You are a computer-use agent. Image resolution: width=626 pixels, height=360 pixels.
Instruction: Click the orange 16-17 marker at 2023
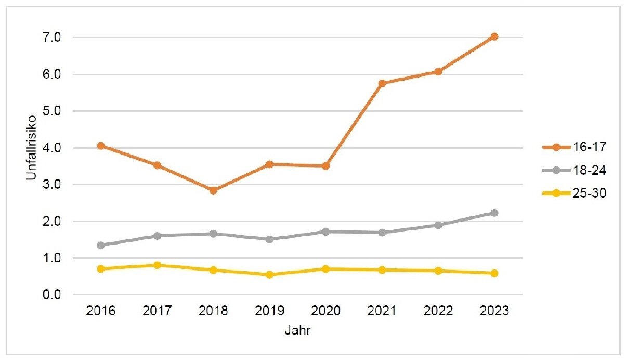point(494,36)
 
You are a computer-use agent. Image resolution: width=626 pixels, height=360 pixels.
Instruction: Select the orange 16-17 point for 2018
point(213,190)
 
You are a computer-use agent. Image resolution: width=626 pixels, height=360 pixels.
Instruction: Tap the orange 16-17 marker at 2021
point(382,83)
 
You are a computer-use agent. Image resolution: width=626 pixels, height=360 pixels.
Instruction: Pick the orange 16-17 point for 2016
point(101,146)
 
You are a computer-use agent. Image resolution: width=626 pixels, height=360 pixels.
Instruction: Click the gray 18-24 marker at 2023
point(494,213)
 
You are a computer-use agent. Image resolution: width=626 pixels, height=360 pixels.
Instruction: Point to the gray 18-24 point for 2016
point(101,245)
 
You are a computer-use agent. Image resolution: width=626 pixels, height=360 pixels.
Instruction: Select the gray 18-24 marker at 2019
point(269,239)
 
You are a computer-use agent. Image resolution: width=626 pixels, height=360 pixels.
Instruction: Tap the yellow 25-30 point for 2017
point(157,265)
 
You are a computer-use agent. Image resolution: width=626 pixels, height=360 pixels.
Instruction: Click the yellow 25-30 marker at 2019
point(269,275)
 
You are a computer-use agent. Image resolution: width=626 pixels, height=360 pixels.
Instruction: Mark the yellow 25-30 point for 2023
point(494,273)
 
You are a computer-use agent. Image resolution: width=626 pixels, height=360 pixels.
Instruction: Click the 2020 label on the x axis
point(325,311)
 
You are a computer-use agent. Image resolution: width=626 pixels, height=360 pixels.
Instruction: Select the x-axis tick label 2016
point(101,311)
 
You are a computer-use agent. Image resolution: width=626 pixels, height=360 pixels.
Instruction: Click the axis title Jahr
point(297,330)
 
